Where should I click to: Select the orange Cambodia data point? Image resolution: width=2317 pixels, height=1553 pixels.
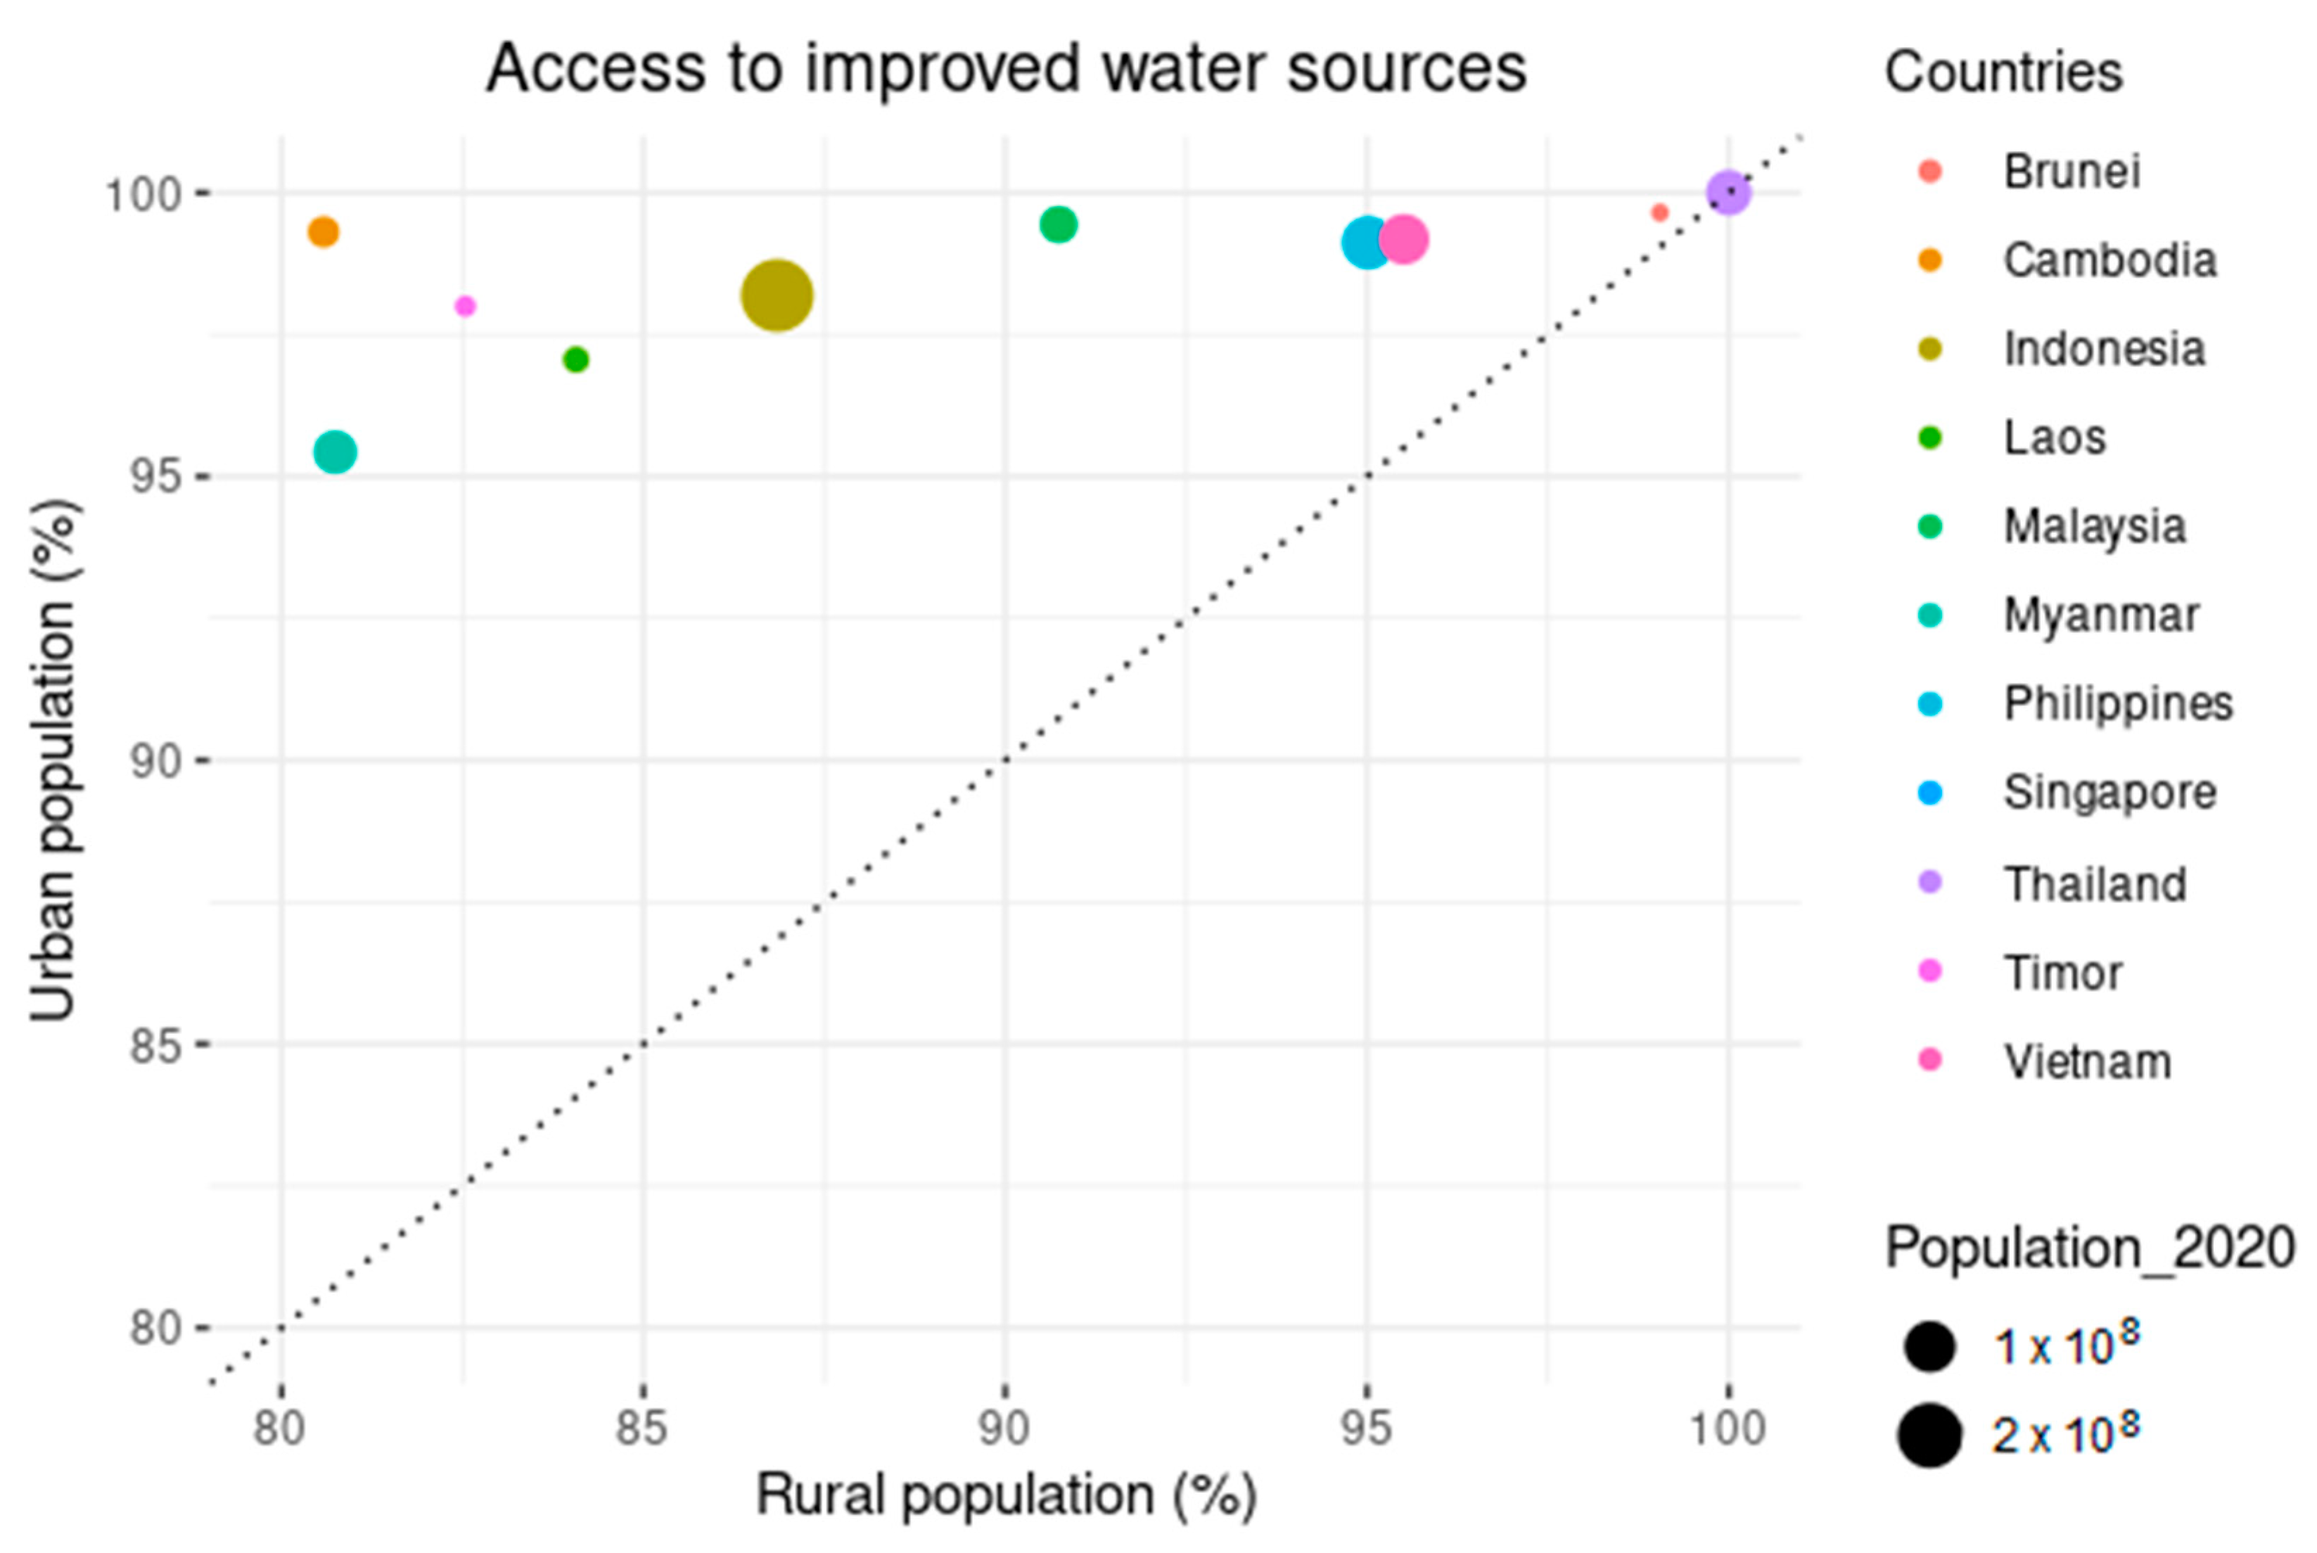(323, 232)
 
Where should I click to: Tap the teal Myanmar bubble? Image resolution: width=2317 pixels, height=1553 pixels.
(335, 452)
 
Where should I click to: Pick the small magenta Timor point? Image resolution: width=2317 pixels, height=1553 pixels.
(464, 306)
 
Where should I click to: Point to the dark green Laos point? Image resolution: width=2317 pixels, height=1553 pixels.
(575, 359)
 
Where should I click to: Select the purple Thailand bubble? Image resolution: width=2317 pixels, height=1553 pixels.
(1728, 192)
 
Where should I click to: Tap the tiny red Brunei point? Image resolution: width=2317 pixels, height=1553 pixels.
(1659, 212)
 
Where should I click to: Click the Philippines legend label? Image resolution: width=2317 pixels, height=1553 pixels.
(2117, 704)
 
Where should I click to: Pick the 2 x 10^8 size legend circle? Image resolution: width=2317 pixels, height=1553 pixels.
(1929, 1435)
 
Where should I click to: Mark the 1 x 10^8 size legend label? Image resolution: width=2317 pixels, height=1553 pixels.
(2065, 1345)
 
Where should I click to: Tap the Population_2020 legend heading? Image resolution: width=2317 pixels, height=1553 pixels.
(2089, 1247)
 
